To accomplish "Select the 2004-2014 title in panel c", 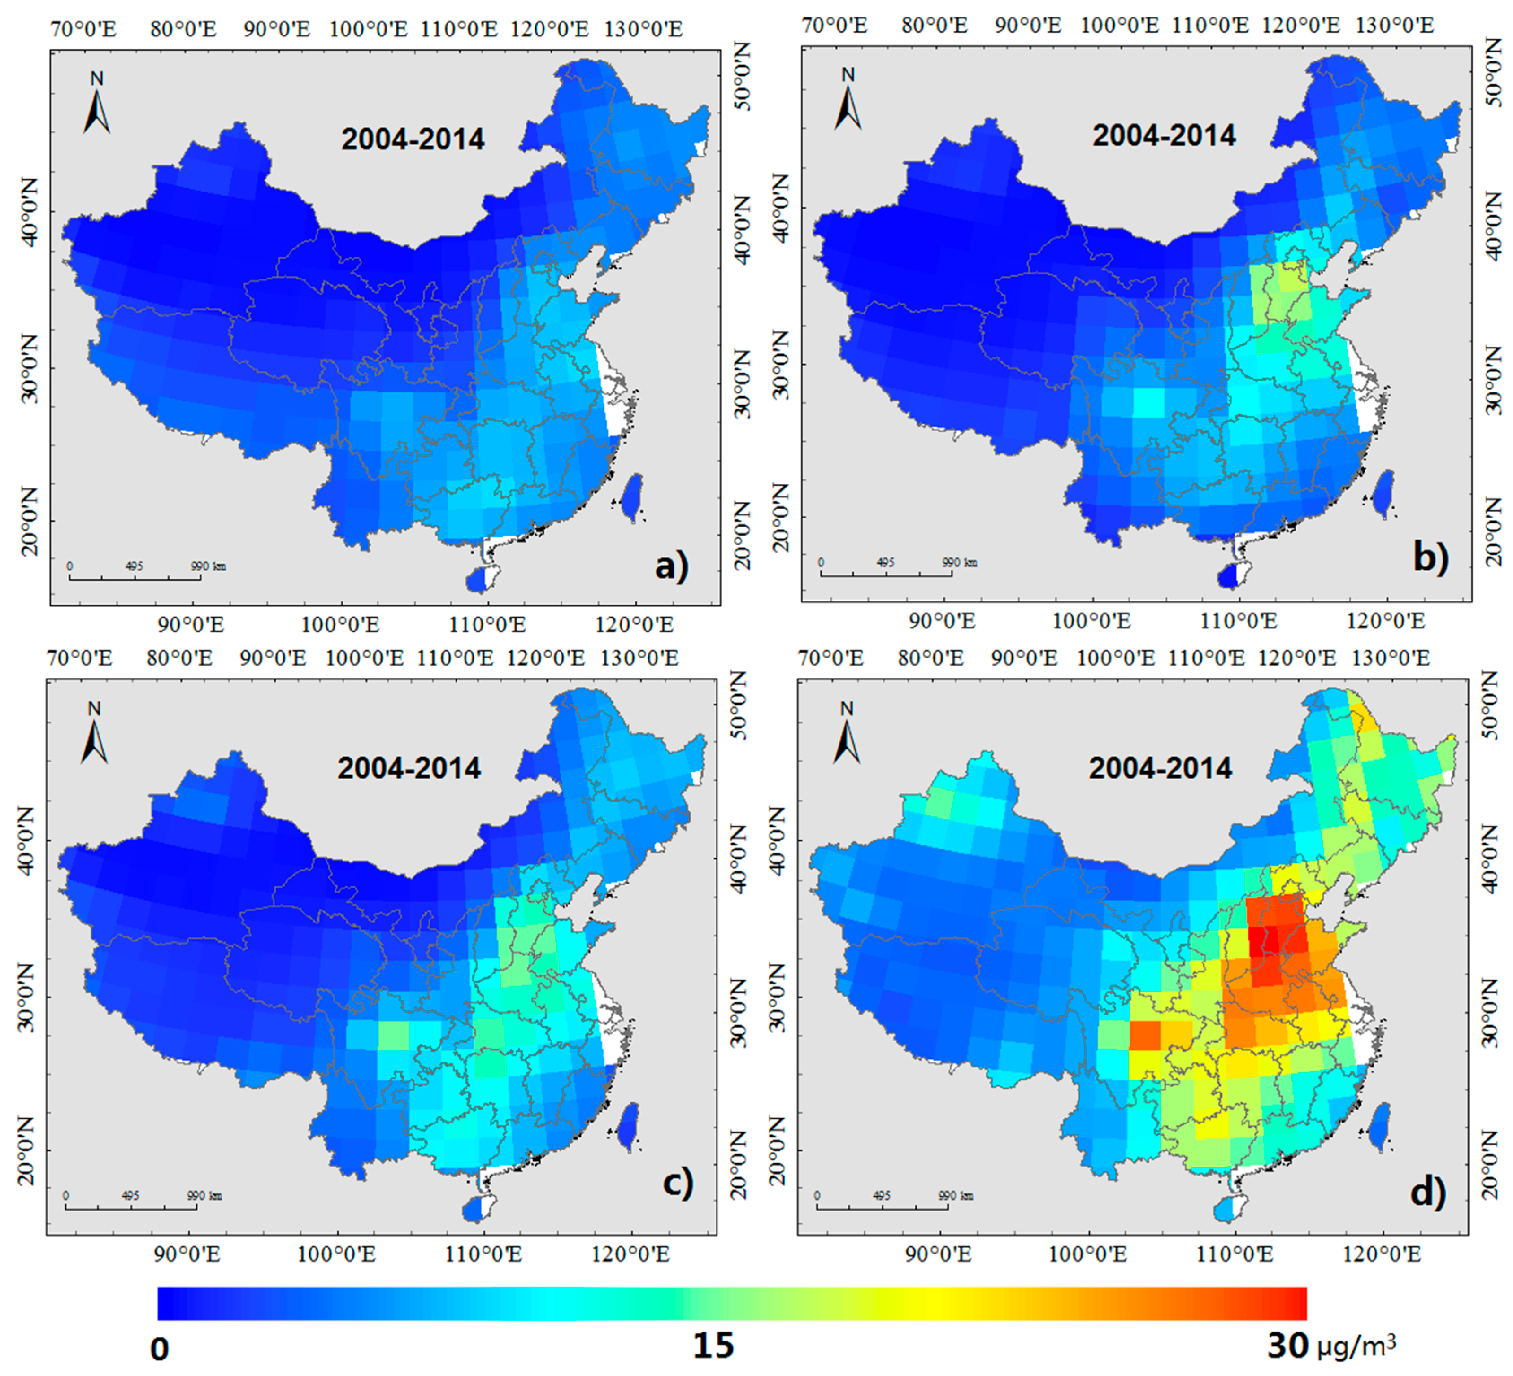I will (409, 768).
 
